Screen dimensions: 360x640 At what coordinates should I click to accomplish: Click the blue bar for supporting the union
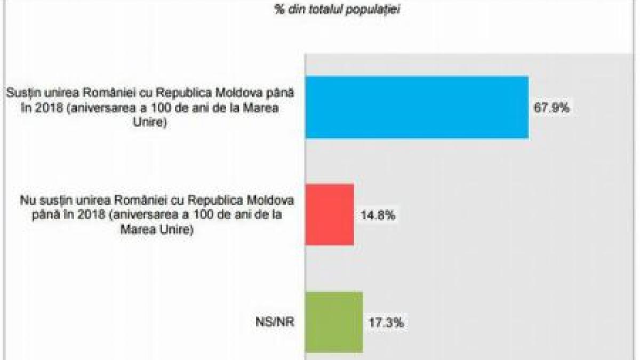[x=417, y=107]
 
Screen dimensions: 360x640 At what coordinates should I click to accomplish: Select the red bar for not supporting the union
[x=329, y=214]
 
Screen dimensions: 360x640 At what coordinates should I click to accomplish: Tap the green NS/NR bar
[x=333, y=322]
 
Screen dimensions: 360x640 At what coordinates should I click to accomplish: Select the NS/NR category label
[x=275, y=323]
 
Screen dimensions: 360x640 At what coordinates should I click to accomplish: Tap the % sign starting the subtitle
[x=279, y=10]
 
